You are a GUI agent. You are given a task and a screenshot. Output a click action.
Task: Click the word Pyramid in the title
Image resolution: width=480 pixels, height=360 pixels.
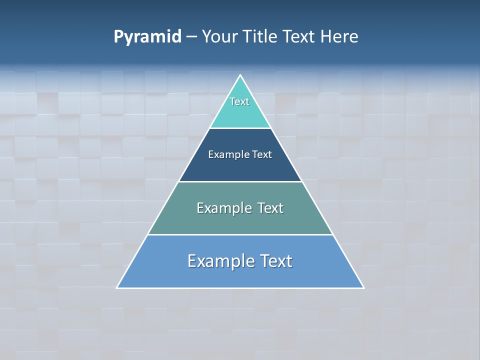click(147, 37)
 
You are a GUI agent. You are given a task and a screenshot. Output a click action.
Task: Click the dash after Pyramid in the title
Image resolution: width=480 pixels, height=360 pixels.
click(191, 37)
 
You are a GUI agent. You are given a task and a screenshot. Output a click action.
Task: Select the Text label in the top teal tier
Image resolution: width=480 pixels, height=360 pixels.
click(239, 101)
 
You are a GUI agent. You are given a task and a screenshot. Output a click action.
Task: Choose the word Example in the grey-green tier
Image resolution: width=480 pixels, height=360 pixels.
click(223, 208)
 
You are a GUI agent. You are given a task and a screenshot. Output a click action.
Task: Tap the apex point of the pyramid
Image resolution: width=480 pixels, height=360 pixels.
click(240, 75)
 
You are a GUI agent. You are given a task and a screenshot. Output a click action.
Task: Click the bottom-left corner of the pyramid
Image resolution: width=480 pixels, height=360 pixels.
click(117, 287)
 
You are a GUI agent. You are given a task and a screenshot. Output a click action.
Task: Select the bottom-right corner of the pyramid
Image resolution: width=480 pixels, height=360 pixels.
click(363, 287)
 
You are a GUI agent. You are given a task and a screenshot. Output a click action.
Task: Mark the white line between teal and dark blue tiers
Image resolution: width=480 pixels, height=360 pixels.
click(240, 128)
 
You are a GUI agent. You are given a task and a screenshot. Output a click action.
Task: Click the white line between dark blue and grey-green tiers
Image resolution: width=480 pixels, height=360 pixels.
click(240, 181)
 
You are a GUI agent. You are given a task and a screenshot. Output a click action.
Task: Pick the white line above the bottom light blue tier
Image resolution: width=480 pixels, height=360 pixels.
click(240, 234)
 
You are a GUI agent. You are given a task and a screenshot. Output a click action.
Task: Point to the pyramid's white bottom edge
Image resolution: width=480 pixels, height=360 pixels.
click(240, 288)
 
